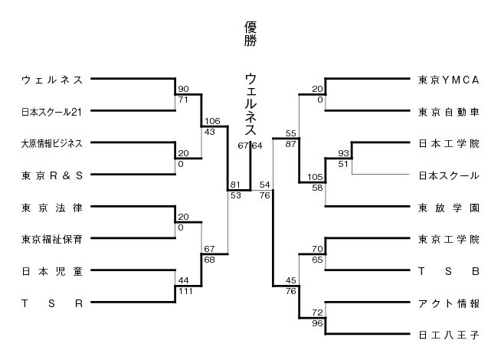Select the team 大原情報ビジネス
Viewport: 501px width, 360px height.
point(53,143)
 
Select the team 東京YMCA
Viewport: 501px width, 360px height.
point(449,80)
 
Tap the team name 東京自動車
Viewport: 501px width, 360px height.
point(449,112)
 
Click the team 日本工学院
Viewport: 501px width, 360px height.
point(449,143)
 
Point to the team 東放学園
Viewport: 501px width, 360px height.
point(449,207)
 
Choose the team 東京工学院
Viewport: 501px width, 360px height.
point(449,239)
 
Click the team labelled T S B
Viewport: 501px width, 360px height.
point(449,271)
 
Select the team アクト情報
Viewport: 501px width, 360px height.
point(449,303)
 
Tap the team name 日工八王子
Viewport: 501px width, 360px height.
point(449,335)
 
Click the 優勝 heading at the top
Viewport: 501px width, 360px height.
point(250,34)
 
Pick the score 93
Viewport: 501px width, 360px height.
point(342,154)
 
